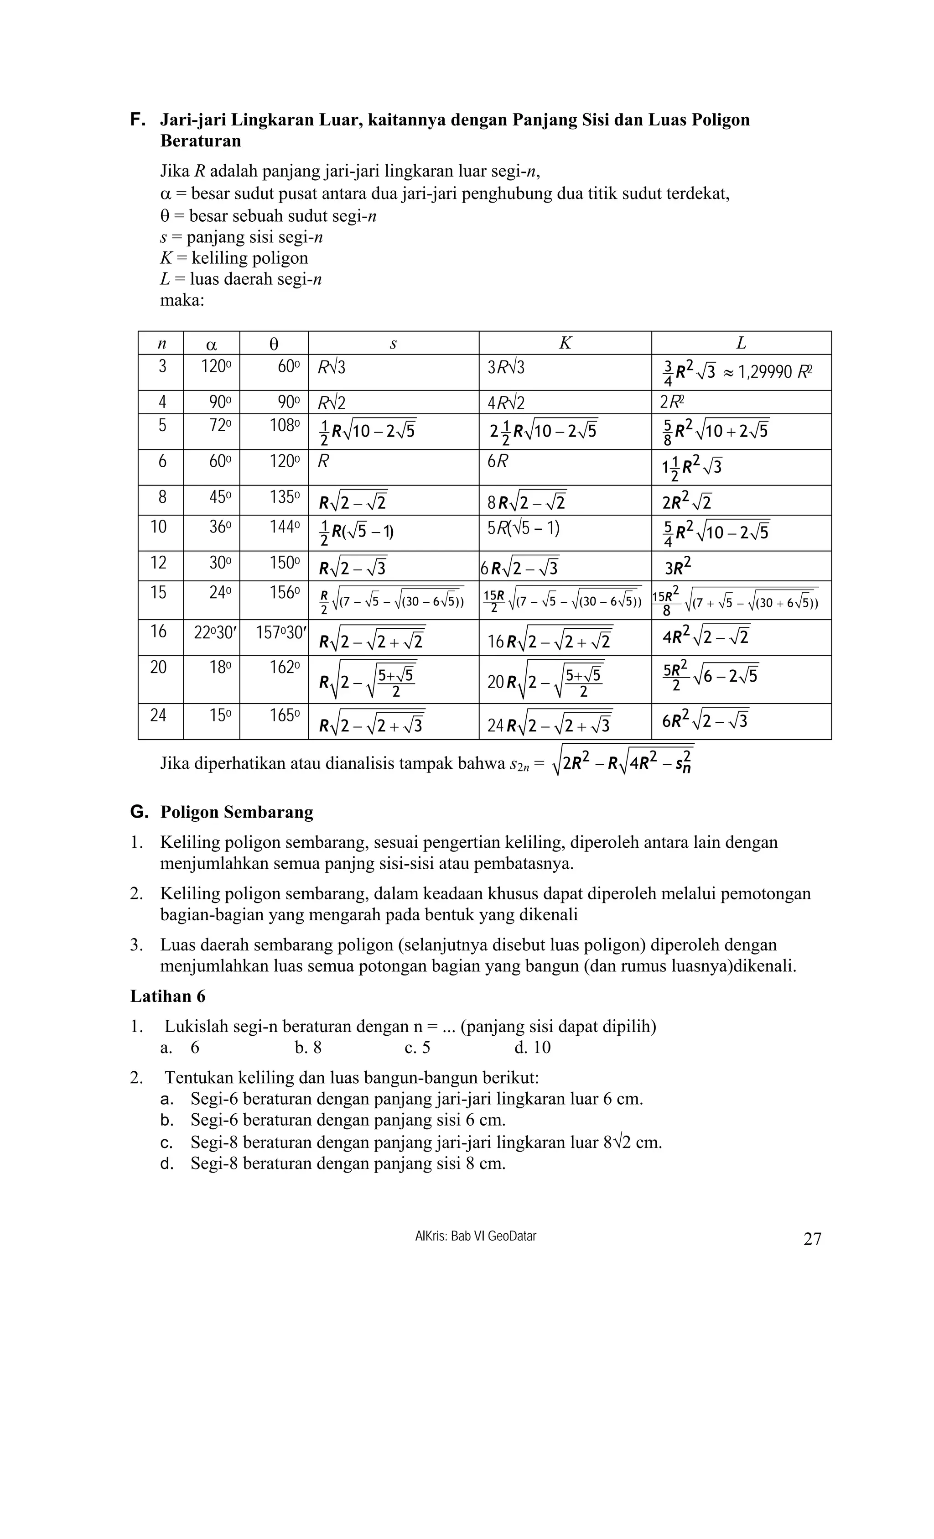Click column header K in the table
pyautogui.click(x=565, y=343)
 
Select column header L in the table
pyautogui.click(x=741, y=343)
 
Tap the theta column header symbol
pyautogui.click(x=274, y=344)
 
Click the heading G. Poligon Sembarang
pyautogui.click(x=222, y=812)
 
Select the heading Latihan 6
pyautogui.click(x=167, y=996)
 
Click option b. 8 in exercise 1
pyautogui.click(x=308, y=1048)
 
